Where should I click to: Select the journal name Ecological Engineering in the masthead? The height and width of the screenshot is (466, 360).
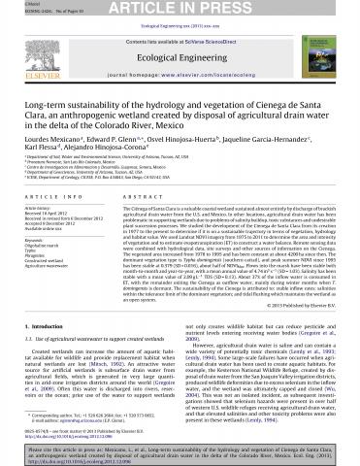pos(180,56)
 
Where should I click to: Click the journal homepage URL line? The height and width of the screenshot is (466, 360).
pos(180,73)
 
